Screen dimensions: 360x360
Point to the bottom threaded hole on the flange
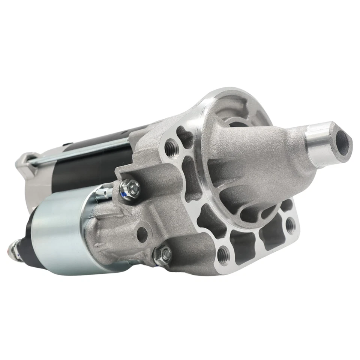(224, 252)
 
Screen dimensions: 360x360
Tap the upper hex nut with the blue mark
(130, 186)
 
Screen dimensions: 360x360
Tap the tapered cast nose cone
(255, 157)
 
